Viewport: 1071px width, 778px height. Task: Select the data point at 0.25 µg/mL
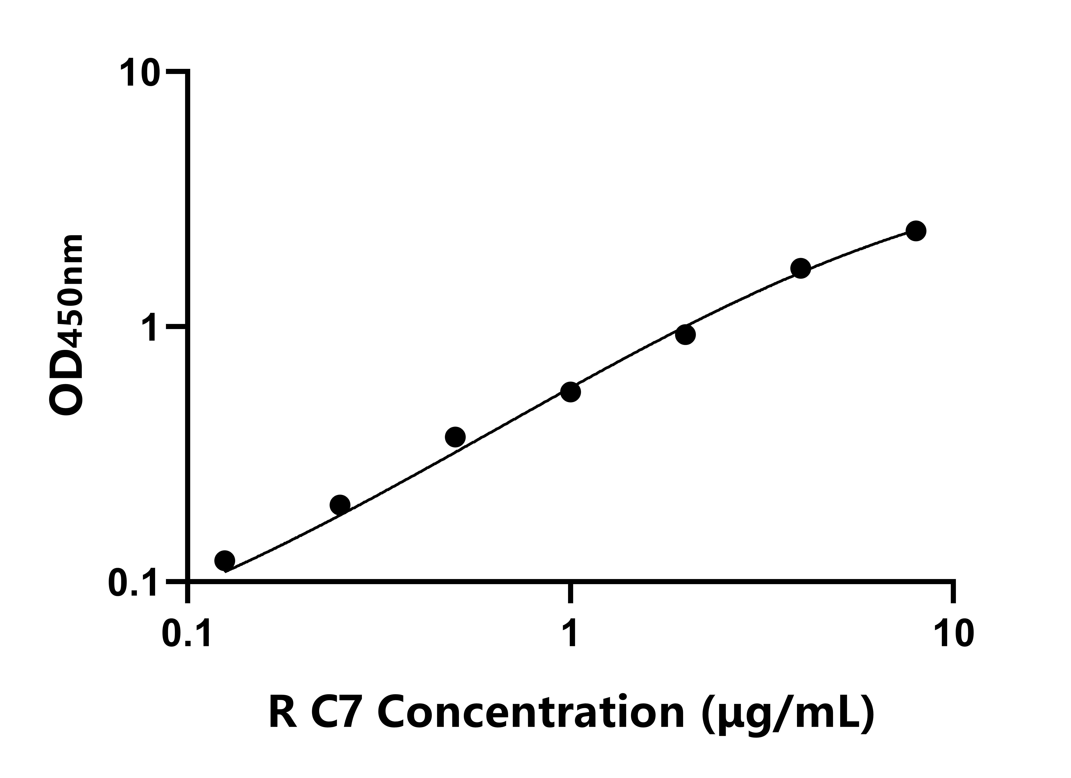coord(340,505)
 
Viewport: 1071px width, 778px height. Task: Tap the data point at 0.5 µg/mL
coord(455,437)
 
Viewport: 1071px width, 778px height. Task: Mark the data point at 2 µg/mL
coord(685,335)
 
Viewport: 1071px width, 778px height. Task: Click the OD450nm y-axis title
coord(66,325)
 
